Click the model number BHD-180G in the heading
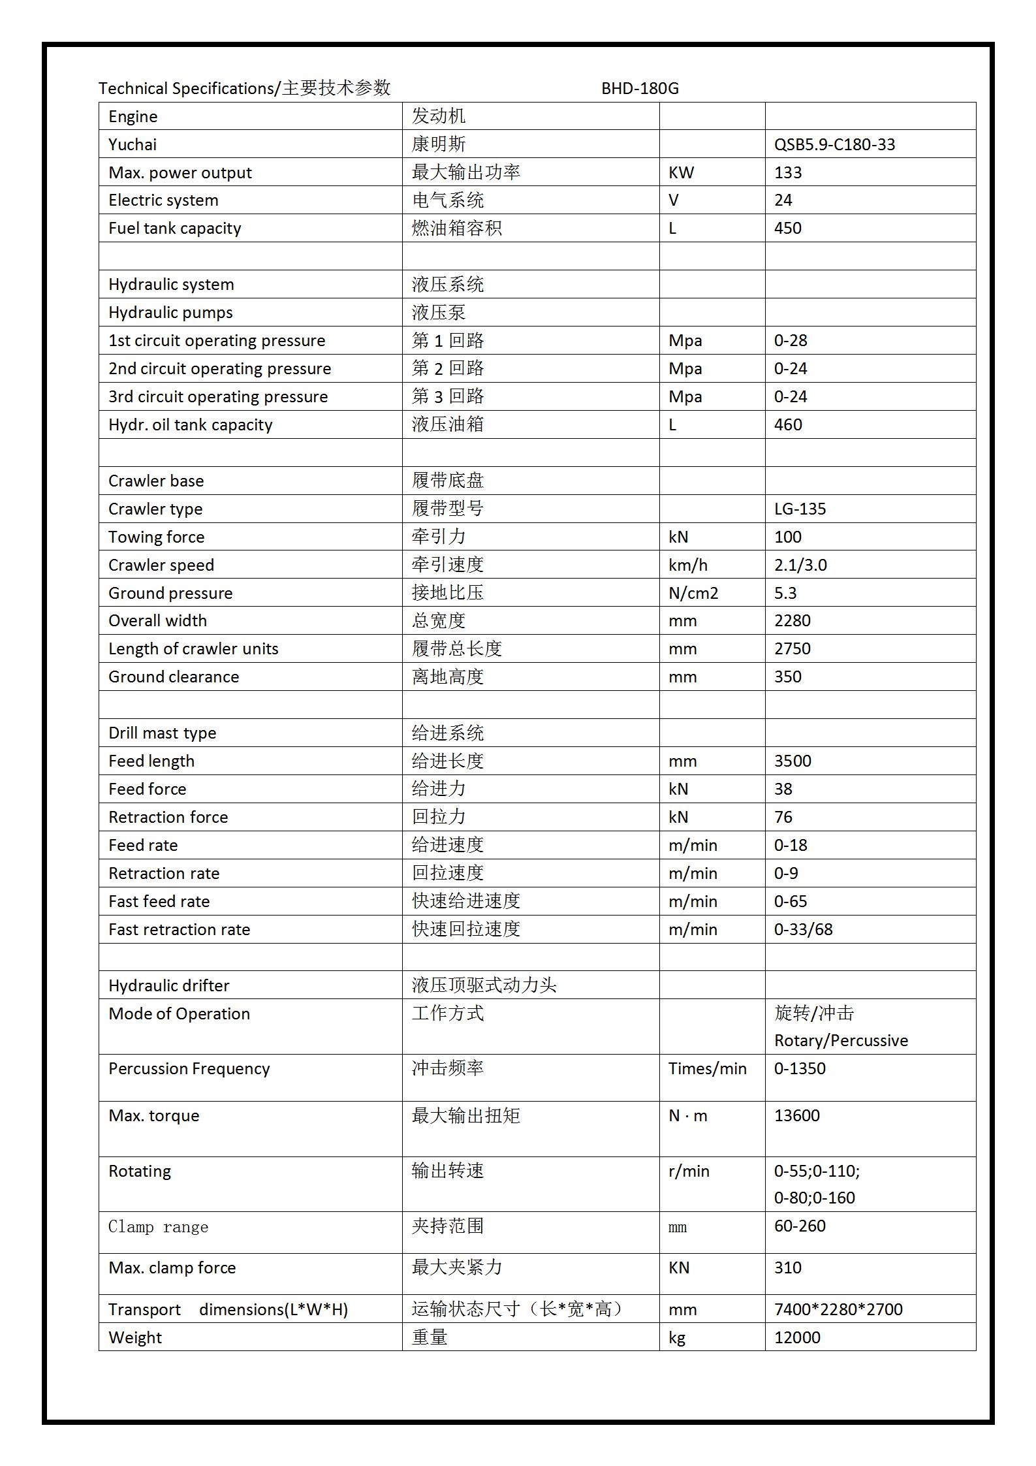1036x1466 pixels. coord(640,88)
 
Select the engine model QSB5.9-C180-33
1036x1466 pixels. coord(834,144)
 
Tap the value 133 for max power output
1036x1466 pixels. coord(788,172)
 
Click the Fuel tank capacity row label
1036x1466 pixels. coord(174,229)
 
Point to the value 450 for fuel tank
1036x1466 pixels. coord(788,229)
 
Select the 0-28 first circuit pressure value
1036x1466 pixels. coord(791,341)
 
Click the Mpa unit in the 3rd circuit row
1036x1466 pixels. coord(685,397)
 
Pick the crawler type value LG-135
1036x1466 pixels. coord(800,509)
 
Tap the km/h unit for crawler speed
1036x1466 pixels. coord(687,565)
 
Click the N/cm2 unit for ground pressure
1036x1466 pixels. coord(693,593)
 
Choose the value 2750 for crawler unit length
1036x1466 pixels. coord(792,649)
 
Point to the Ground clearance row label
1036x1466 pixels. coord(174,677)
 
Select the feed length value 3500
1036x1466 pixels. coord(793,761)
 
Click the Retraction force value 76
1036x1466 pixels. coord(783,818)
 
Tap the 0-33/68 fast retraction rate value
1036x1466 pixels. coord(803,929)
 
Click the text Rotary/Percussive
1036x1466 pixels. coord(841,1040)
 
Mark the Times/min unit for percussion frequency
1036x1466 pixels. coord(707,1068)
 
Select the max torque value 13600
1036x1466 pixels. coord(796,1115)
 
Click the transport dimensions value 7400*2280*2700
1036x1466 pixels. coord(838,1309)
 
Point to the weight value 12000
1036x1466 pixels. coord(796,1337)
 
